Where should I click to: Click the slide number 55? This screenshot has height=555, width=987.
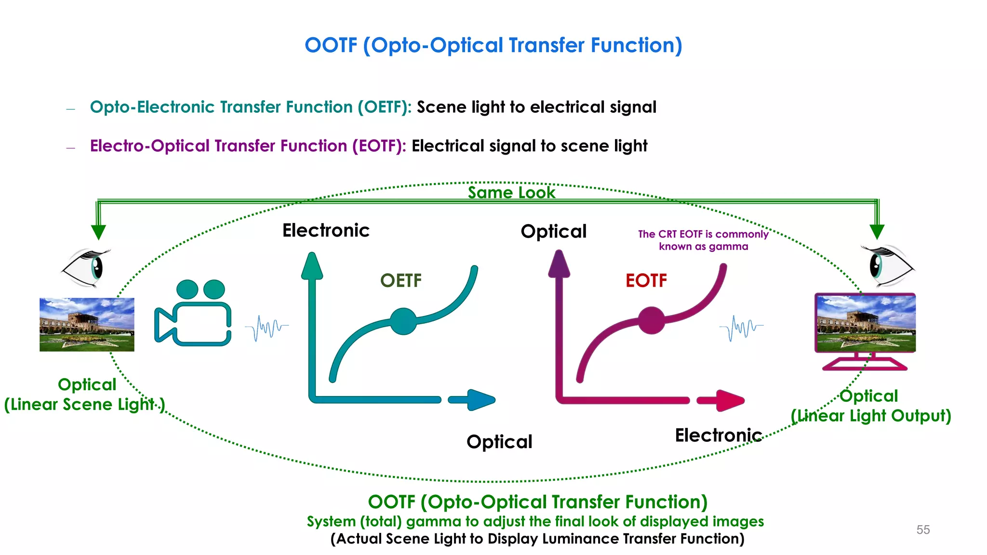coord(923,529)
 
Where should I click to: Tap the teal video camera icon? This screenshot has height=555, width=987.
coord(193,313)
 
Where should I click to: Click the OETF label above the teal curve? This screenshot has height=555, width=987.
coord(400,280)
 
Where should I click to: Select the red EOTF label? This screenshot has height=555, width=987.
coord(646,280)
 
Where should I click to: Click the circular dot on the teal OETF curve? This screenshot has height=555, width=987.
coord(403,321)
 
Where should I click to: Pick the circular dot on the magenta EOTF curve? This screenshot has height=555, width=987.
coord(651,320)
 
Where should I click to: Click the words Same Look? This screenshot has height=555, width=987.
coord(511,193)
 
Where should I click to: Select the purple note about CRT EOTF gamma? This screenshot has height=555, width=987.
coord(703,240)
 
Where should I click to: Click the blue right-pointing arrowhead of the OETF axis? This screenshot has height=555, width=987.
coord(480,400)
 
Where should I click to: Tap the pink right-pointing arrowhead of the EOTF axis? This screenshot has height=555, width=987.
coord(729,400)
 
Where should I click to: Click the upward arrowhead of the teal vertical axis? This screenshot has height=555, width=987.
coord(312,266)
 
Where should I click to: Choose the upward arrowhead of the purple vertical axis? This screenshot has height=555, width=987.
coord(559,264)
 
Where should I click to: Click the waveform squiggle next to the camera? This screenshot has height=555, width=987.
coord(267,328)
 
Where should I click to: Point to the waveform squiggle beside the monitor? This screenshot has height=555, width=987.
coord(741,328)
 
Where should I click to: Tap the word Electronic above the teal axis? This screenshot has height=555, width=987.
coord(326,230)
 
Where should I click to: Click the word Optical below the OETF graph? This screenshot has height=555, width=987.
coord(499,442)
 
